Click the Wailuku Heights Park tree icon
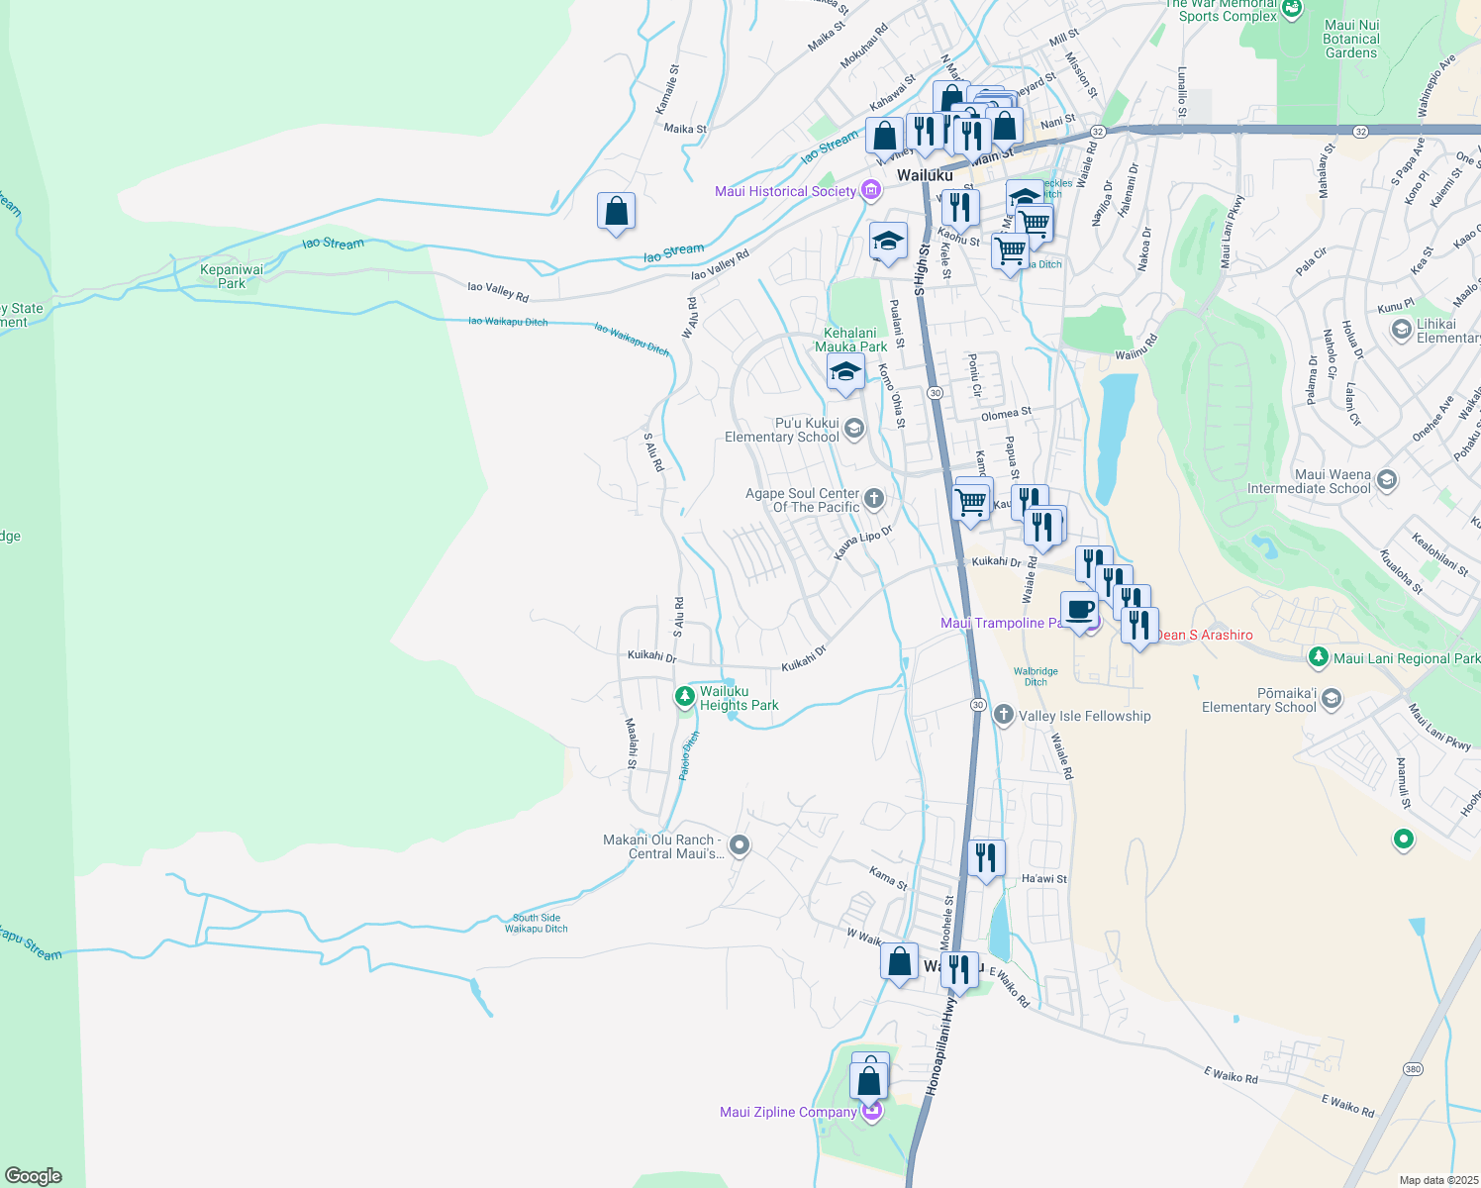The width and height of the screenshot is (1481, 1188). click(x=684, y=697)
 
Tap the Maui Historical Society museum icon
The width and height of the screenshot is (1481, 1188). click(x=870, y=190)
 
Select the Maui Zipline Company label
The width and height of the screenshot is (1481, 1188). click(x=787, y=1112)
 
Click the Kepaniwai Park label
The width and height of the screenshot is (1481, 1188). click(x=232, y=276)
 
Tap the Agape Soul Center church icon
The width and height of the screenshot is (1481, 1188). click(x=873, y=499)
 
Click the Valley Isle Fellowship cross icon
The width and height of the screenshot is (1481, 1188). click(x=1003, y=715)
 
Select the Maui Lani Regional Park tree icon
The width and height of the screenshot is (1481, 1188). click(x=1318, y=656)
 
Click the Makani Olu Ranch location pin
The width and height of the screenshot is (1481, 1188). click(x=740, y=845)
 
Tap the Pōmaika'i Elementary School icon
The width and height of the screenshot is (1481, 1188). click(x=1332, y=699)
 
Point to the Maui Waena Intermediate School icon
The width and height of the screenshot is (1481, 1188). click(x=1387, y=480)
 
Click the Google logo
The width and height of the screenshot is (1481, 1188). click(x=33, y=1176)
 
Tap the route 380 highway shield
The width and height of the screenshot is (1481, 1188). click(x=1413, y=1069)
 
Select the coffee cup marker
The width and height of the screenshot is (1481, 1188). click(x=1079, y=609)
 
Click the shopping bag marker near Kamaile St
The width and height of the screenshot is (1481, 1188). click(x=616, y=212)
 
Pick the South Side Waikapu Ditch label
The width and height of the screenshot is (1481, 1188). click(x=537, y=923)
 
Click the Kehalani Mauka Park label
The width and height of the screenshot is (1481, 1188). click(x=850, y=340)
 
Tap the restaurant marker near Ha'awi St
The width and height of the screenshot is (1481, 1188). click(x=986, y=857)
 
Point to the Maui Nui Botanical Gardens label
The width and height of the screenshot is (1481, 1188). click(x=1350, y=39)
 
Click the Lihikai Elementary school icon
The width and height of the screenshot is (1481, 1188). click(x=1401, y=329)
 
